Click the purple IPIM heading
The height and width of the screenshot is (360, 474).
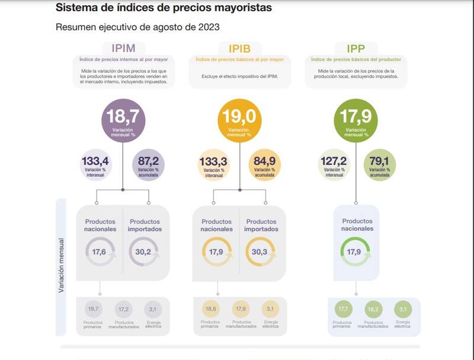pos(123,48)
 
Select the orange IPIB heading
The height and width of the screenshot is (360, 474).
pos(239,48)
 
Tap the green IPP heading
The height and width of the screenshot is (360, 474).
pos(355,48)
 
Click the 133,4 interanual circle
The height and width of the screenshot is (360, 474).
pos(95,164)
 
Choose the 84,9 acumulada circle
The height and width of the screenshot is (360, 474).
pos(264,164)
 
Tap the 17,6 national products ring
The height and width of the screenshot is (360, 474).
pos(100,251)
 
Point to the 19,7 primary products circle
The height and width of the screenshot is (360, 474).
pos(92,309)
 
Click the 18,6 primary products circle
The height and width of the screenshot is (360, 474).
pos(210,309)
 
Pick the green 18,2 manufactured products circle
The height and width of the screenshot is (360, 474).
pos(373,309)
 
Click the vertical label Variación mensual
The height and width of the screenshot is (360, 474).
pos(61,265)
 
